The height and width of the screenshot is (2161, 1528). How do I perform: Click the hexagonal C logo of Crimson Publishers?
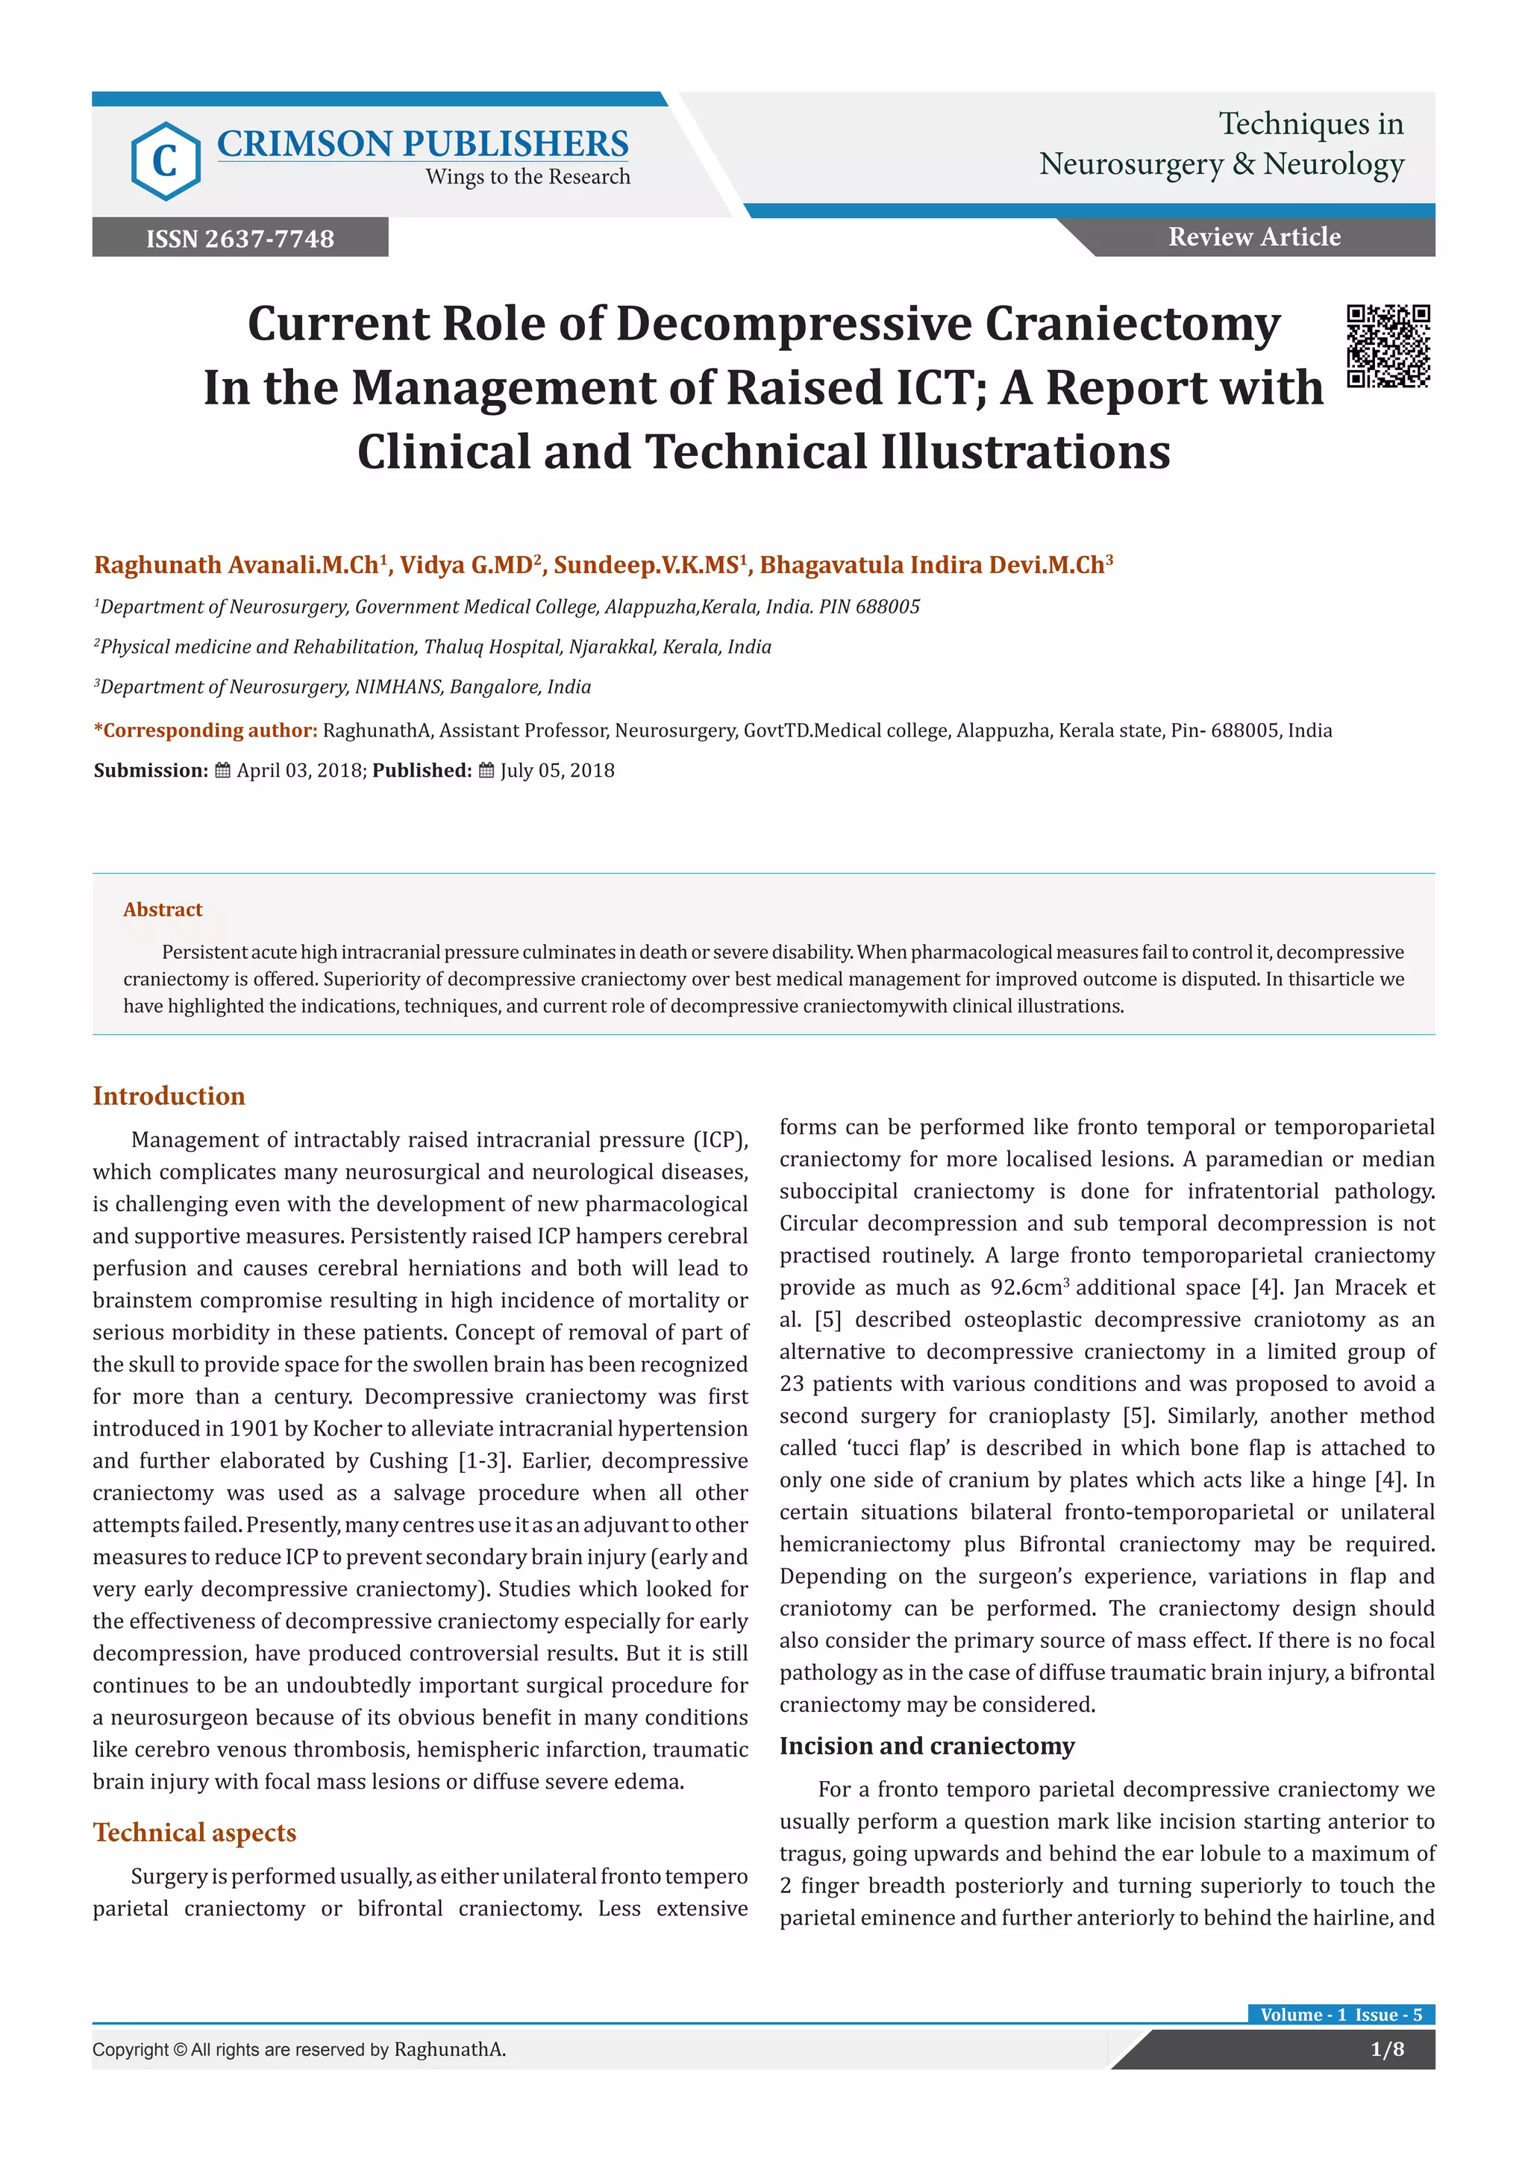point(166,161)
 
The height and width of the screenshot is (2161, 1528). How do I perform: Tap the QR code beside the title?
point(1388,345)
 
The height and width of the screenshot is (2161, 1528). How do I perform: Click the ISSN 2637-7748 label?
point(240,238)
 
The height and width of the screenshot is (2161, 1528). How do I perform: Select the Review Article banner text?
point(1254,237)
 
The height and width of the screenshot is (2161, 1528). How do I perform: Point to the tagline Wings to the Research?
point(527,177)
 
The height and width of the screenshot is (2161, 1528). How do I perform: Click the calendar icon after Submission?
point(223,771)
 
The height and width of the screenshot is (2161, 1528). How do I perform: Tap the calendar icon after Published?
point(486,771)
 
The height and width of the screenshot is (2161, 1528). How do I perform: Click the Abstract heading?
point(163,909)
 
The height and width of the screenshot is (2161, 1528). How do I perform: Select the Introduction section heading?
point(169,1095)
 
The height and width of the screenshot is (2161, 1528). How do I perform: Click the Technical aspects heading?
point(194,1833)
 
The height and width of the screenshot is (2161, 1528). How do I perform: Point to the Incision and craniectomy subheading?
point(927,1746)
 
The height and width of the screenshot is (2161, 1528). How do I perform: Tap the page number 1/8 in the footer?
point(1387,2049)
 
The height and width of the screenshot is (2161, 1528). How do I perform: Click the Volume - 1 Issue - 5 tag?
point(1341,2014)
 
